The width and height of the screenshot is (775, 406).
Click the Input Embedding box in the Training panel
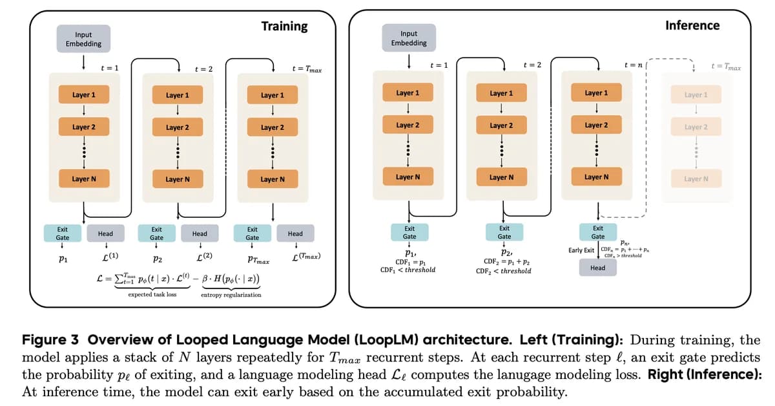pyautogui.click(x=83, y=39)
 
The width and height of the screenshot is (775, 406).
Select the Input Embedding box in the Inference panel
pyautogui.click(x=409, y=38)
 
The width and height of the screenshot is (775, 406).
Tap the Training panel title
pyautogui.click(x=284, y=27)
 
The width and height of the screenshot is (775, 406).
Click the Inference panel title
pyautogui.click(x=692, y=25)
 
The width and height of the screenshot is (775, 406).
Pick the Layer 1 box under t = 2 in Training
pyautogui.click(x=178, y=95)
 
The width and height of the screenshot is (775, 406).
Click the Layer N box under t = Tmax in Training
pyautogui.click(x=273, y=179)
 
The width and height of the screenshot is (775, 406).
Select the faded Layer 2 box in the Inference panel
pyautogui.click(x=696, y=127)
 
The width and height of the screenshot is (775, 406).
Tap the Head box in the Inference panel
pyautogui.click(x=598, y=268)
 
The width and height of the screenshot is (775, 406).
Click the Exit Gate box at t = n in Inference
pyautogui.click(x=598, y=232)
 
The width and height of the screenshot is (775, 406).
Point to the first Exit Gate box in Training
pyautogui.click(x=62, y=233)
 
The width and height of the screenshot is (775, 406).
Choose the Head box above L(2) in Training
pyautogui.click(x=200, y=233)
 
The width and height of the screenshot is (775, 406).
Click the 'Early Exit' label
pyautogui.click(x=581, y=250)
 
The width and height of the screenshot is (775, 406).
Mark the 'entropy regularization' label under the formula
pyautogui.click(x=231, y=295)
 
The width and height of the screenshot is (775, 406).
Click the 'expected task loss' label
pyautogui.click(x=152, y=295)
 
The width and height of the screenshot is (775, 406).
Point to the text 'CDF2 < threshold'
pyautogui.click(x=504, y=271)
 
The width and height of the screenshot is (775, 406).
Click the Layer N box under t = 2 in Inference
pyautogui.click(x=502, y=177)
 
